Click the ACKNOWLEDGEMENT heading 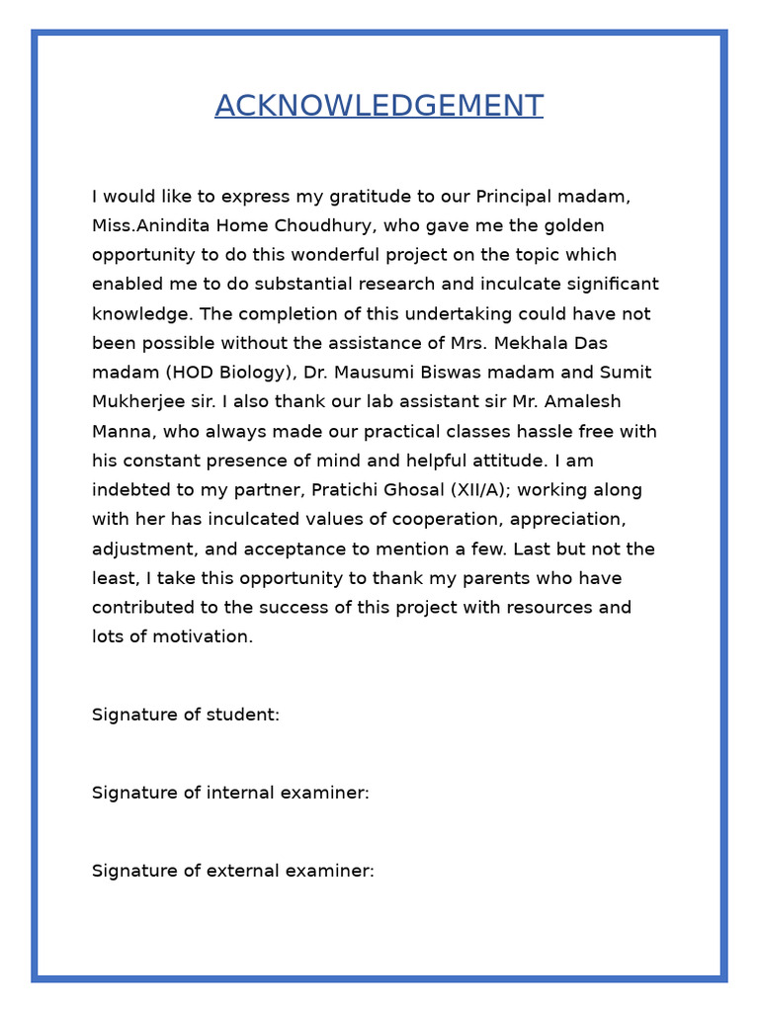tap(379, 106)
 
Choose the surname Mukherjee tap(138, 402)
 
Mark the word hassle tap(537, 432)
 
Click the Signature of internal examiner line tap(230, 793)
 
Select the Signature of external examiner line tap(233, 871)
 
